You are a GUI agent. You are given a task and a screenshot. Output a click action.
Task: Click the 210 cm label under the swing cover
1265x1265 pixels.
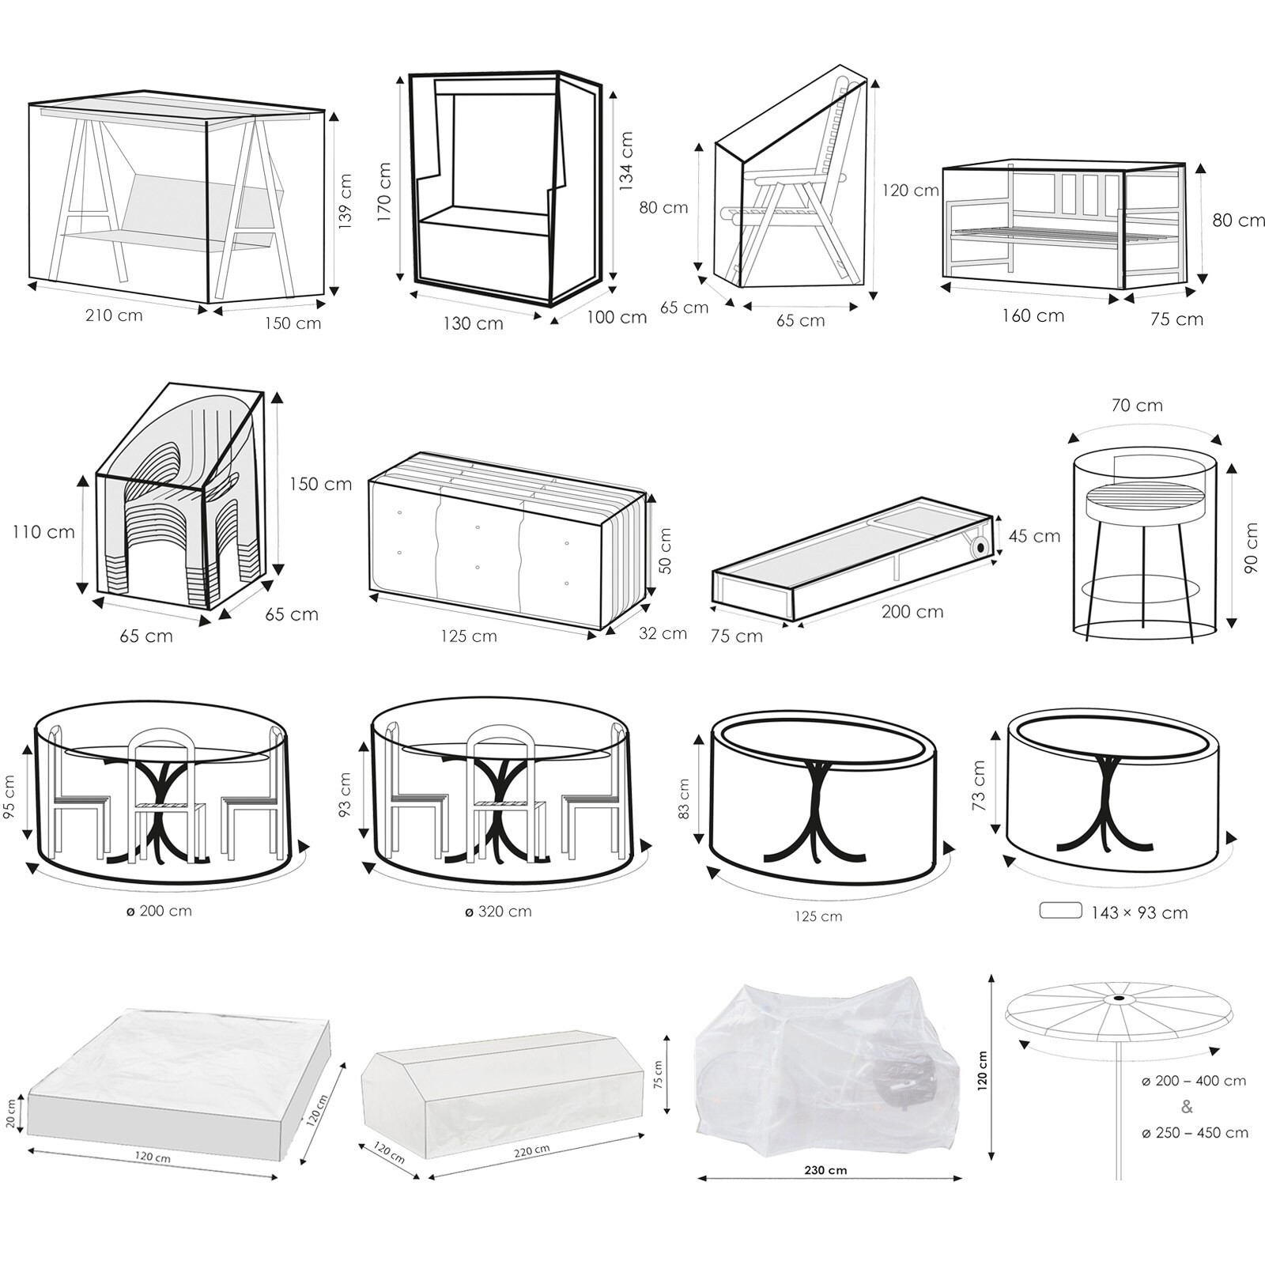click(x=114, y=315)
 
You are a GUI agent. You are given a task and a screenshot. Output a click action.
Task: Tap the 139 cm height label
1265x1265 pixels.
click(x=346, y=202)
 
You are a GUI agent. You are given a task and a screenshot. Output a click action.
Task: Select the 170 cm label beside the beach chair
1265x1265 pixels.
click(x=385, y=192)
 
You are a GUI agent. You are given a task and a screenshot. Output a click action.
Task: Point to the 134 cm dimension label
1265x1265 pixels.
click(x=626, y=162)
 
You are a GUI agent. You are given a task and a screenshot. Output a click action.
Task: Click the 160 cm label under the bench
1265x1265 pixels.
click(x=1033, y=316)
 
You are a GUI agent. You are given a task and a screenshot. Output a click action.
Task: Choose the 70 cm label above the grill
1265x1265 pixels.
click(x=1137, y=406)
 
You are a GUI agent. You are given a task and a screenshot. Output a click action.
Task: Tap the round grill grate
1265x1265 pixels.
click(x=1135, y=498)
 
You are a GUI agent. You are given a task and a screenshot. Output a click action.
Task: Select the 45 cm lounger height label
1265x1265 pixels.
click(x=1034, y=536)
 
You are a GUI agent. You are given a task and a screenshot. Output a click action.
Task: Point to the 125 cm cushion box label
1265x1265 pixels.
click(x=469, y=636)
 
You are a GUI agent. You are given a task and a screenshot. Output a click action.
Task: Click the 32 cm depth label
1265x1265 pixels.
click(x=663, y=633)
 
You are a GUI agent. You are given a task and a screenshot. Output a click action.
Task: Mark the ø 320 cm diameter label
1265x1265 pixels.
click(x=497, y=911)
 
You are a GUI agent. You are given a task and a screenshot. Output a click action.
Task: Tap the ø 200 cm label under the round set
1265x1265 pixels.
click(x=159, y=911)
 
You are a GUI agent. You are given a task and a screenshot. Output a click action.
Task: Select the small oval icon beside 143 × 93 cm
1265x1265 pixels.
click(x=1060, y=911)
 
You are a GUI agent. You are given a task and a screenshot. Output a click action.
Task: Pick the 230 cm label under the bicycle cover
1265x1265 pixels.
click(x=826, y=1170)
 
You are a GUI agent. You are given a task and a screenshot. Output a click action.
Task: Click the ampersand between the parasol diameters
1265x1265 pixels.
click(x=1187, y=1107)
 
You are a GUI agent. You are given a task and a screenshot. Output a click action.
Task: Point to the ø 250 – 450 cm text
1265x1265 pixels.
click(x=1195, y=1133)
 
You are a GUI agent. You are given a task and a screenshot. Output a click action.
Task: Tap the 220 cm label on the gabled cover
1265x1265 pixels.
click(x=532, y=1150)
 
